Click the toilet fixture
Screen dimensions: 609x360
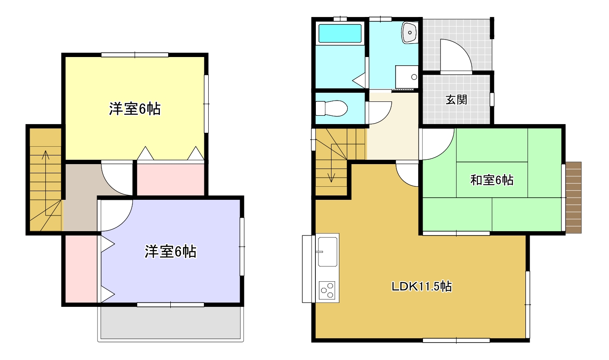(x=332, y=108)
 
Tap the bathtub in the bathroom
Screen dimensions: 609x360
(x=340, y=34)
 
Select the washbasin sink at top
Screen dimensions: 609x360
(x=410, y=33)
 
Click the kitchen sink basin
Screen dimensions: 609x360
(x=328, y=252)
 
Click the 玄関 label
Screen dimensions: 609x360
(x=456, y=100)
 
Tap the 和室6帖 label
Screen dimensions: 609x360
(x=492, y=180)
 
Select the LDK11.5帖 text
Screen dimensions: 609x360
(x=422, y=286)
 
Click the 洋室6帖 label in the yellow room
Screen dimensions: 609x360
(x=135, y=109)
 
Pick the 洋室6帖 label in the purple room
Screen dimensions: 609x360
(x=170, y=251)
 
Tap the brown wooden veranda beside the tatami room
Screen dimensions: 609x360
(x=573, y=198)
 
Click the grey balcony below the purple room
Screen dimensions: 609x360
(x=170, y=323)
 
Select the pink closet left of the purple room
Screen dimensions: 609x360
(x=81, y=269)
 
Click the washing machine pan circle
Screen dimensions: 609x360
(x=414, y=77)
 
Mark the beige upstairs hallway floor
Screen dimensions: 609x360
(x=81, y=197)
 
